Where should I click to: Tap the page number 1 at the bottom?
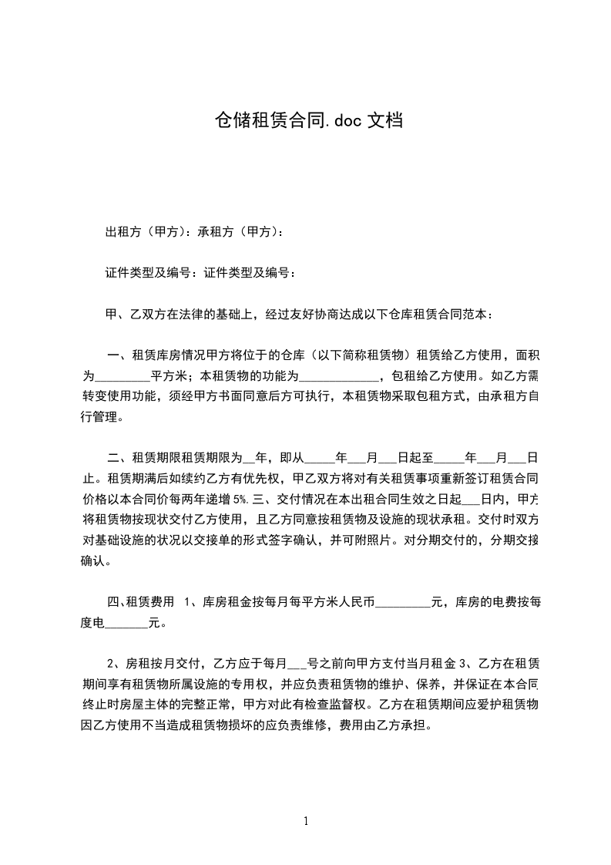coord(306,822)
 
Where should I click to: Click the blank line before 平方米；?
coord(122,377)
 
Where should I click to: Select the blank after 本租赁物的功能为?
coord(338,377)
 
